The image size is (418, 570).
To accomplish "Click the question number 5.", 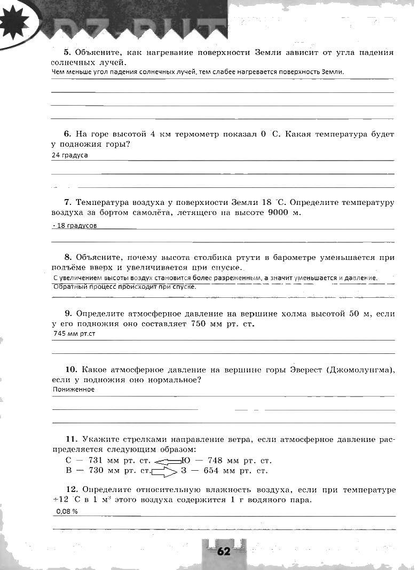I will click(x=67, y=52).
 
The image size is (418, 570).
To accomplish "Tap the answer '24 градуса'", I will click(x=70, y=155).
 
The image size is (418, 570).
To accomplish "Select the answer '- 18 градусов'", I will click(x=75, y=226).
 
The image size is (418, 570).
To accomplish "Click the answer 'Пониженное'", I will click(x=74, y=389).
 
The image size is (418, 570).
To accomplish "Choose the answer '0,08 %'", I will click(x=67, y=511).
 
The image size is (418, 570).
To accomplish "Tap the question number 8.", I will click(x=68, y=257).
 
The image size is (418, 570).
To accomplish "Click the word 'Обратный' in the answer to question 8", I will click(x=69, y=287).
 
